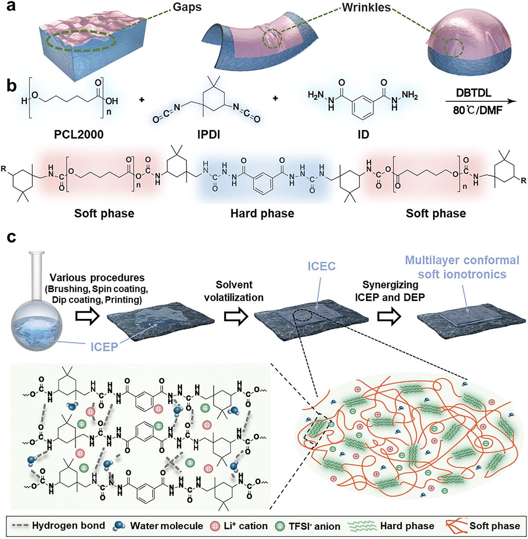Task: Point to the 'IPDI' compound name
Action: [209, 133]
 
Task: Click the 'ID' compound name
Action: [363, 133]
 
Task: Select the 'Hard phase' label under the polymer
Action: [262, 214]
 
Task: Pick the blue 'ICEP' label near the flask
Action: [105, 347]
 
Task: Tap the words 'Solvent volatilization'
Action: [240, 291]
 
